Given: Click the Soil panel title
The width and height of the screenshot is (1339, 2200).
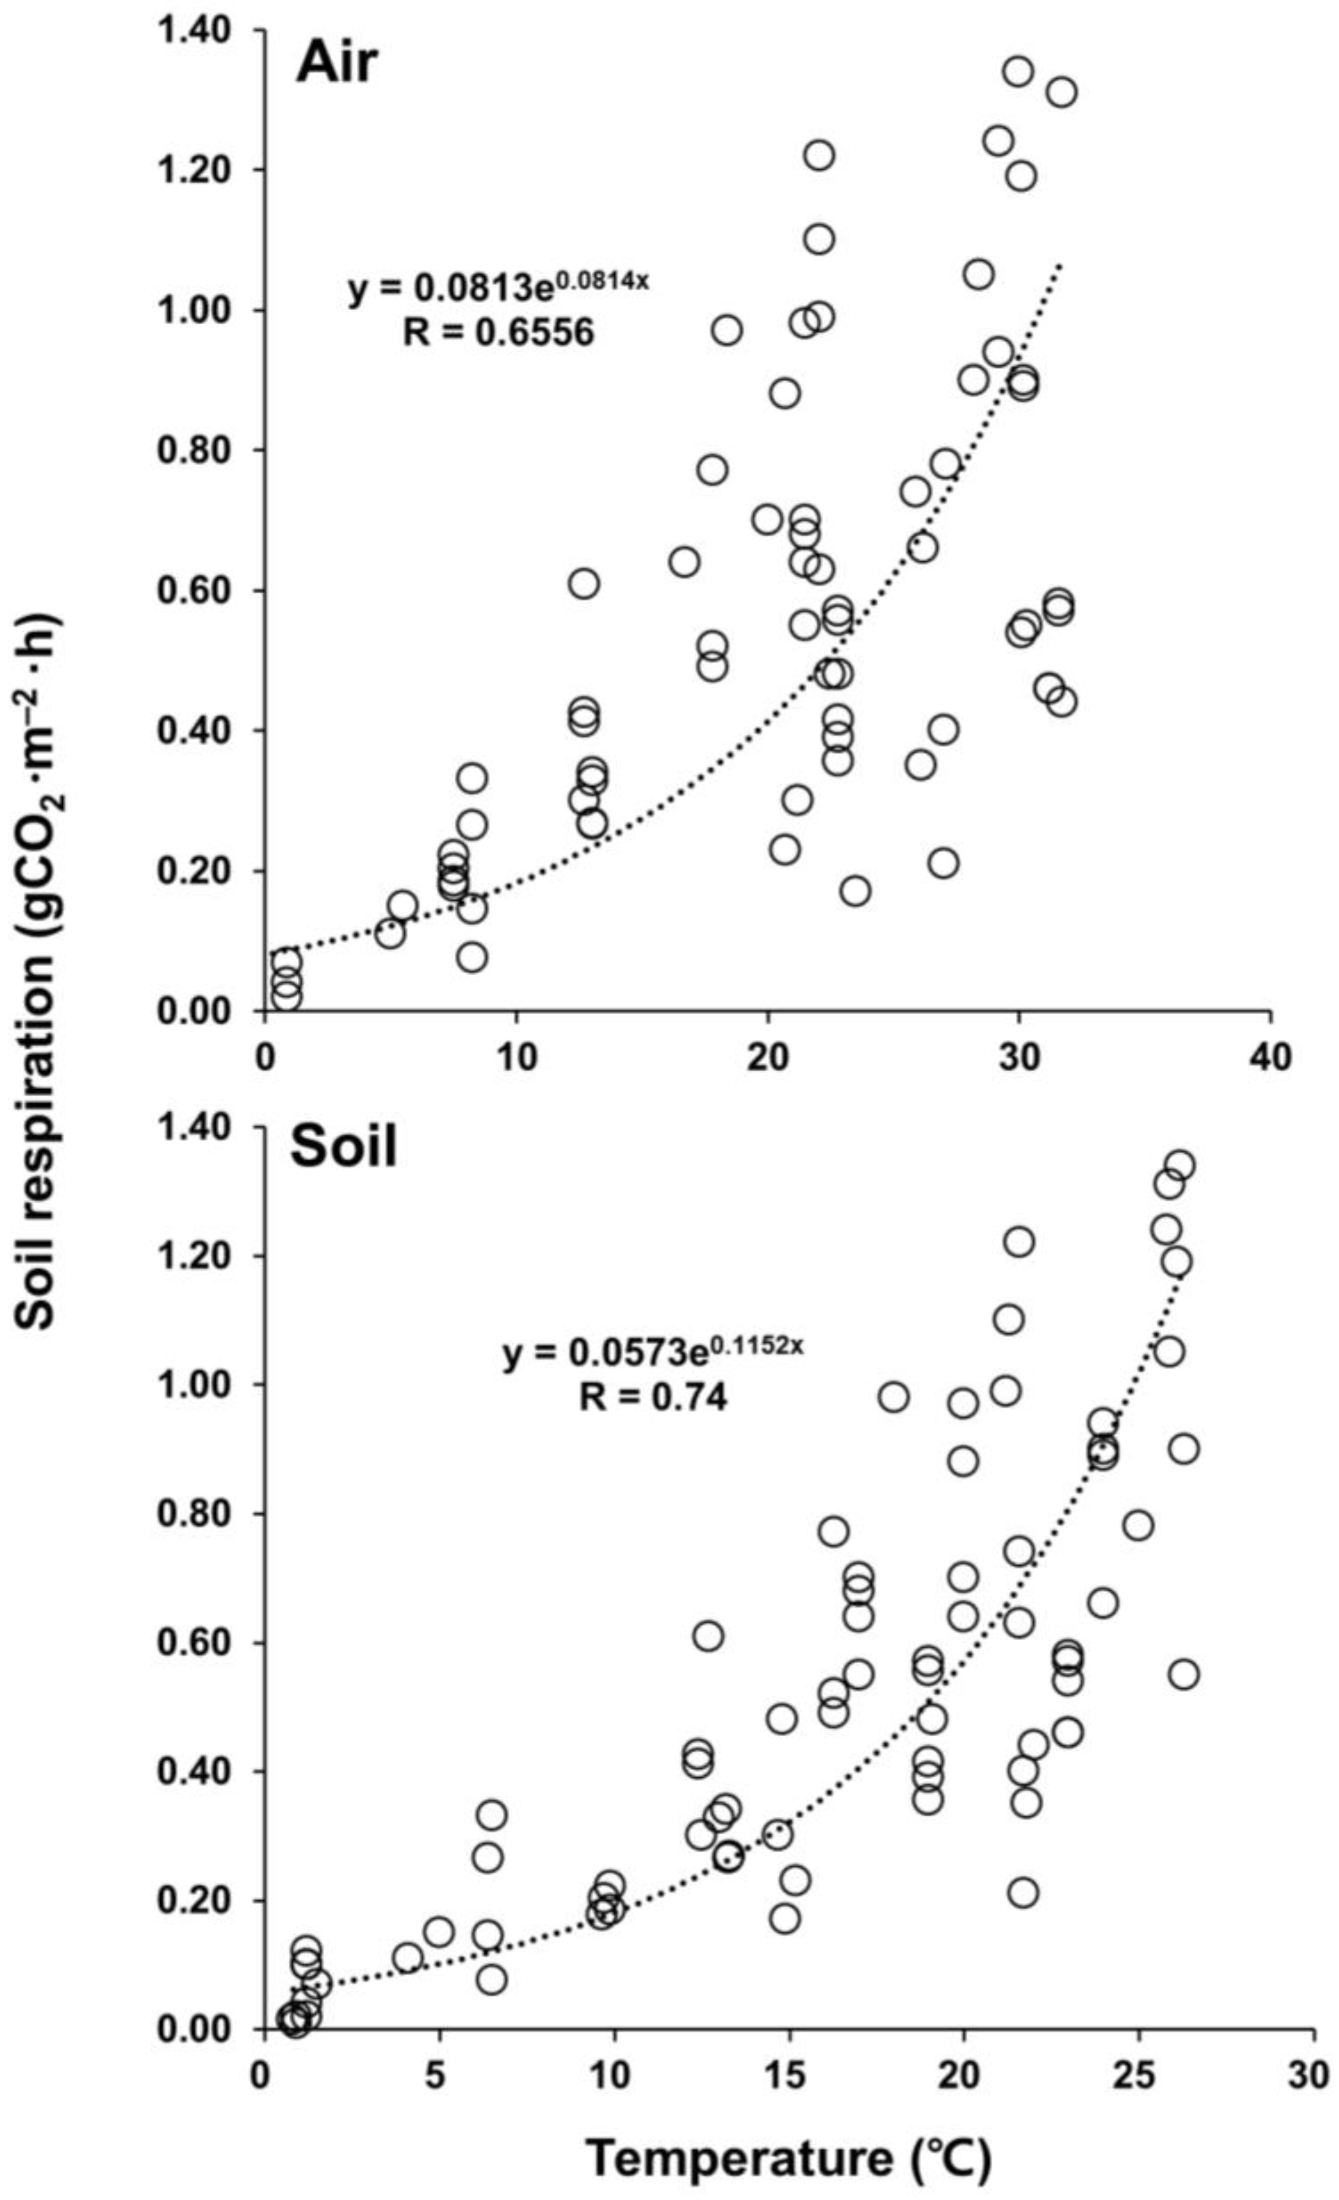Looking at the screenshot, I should click(343, 1149).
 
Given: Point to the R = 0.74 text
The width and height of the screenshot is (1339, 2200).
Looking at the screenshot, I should click(652, 1397).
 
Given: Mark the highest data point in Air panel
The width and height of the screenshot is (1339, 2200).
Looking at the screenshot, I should click(1018, 71).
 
